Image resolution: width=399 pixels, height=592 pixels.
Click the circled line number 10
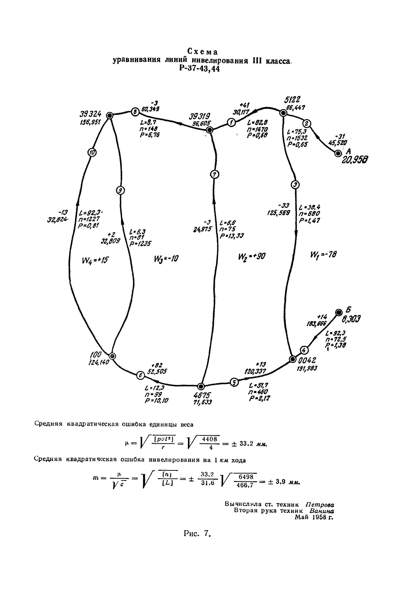coord(92,152)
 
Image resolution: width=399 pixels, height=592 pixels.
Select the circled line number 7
coord(215,175)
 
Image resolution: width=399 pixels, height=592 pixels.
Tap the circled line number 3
coord(295,184)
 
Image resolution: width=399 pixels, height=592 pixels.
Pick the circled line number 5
coord(234,382)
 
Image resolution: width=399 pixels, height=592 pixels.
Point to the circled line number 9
coord(120,190)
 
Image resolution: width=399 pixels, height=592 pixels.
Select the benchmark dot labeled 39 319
coord(209,130)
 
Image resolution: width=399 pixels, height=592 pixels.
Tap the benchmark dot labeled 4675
coord(201,386)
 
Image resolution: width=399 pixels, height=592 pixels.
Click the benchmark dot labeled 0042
coord(293,359)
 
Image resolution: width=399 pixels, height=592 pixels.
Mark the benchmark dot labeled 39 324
coord(110,116)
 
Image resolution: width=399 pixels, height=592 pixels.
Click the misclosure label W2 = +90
coord(251,256)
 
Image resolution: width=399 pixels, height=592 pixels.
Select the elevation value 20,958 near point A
coord(355,160)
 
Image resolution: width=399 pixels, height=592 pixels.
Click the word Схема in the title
coord(203,52)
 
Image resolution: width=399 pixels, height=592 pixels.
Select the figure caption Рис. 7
coord(198,533)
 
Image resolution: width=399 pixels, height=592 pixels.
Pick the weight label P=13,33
coord(232,236)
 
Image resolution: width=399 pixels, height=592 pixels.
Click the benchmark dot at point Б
coord(339,312)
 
